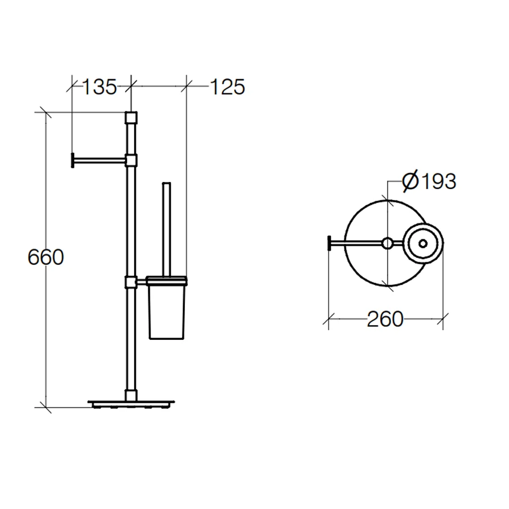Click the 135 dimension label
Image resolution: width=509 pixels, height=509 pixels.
click(x=100, y=87)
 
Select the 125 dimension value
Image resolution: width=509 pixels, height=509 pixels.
click(x=227, y=87)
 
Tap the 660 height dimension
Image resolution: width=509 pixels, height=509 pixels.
click(x=46, y=257)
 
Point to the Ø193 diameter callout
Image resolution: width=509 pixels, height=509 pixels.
click(x=429, y=181)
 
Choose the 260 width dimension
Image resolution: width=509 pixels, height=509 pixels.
click(x=385, y=319)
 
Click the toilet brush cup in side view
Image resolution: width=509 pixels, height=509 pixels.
click(x=166, y=312)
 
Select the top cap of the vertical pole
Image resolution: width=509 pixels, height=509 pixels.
click(x=131, y=118)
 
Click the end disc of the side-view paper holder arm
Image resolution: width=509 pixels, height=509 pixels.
click(x=73, y=160)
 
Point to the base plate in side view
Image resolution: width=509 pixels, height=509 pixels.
click(x=131, y=404)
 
